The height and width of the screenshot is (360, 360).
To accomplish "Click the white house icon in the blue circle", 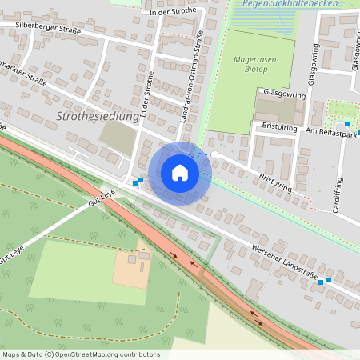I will coord(180,173).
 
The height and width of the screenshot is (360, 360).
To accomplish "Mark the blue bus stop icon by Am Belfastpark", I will coord(346,123).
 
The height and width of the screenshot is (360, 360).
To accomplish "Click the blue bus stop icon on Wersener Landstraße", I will coord(321,282).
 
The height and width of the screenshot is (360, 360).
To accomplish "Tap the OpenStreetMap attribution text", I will coord(80,354).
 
